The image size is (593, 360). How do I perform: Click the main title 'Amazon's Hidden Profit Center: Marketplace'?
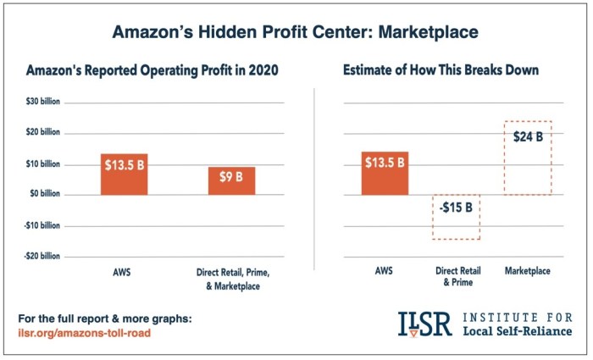(296, 32)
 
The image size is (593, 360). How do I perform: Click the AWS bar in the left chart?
(124, 174)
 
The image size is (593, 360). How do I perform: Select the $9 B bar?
(231, 180)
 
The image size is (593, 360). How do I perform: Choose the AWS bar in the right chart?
(384, 174)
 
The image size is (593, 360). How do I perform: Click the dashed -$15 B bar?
(456, 217)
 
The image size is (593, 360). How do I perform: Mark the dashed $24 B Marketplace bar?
(527, 158)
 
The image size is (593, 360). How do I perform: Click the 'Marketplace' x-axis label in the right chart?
(527, 271)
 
